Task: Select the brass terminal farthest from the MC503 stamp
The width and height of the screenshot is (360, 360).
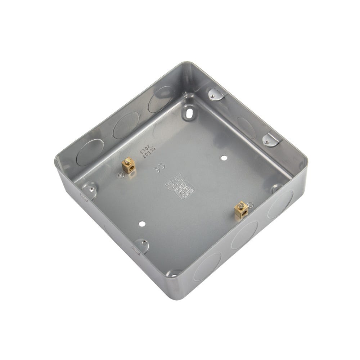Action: click(x=241, y=210)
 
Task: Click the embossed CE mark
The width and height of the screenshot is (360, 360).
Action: click(x=158, y=169)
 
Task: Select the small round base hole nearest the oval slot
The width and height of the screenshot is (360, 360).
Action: click(x=224, y=158)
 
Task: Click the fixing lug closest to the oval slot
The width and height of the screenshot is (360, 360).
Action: click(x=216, y=94)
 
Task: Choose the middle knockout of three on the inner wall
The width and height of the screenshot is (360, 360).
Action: click(x=126, y=125)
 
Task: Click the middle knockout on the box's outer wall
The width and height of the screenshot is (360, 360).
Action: click(x=244, y=235)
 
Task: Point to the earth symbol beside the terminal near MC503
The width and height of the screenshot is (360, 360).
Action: click(x=121, y=175)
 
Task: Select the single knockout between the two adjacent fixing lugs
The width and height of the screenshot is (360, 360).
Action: click(x=246, y=127)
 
